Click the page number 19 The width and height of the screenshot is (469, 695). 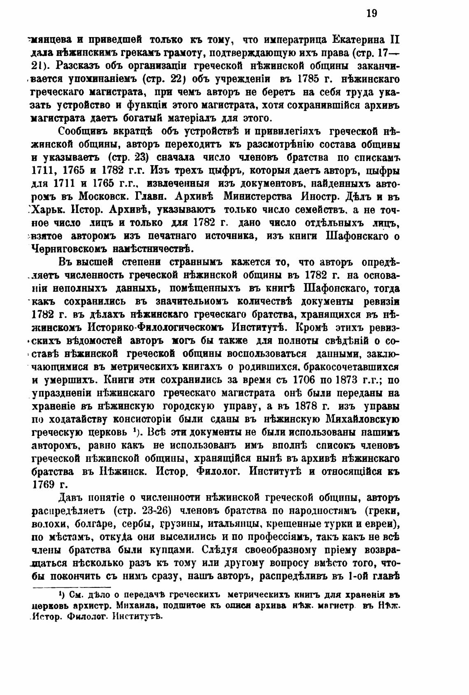371,14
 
